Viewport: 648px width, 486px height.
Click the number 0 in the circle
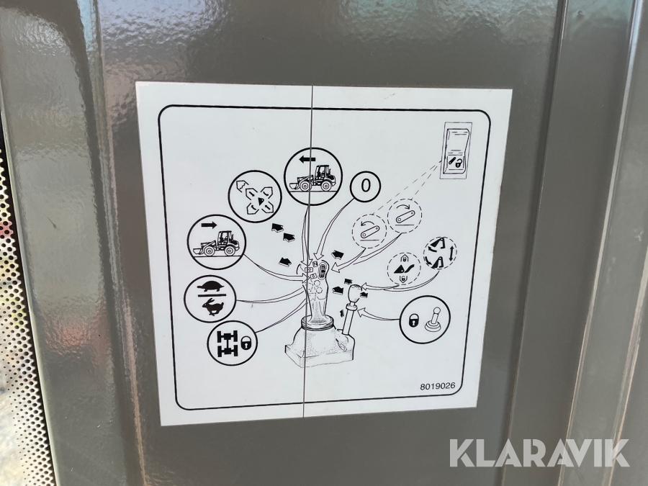click(x=365, y=186)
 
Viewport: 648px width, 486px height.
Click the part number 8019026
click(x=438, y=387)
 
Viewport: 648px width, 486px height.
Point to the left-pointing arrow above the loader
click(x=307, y=158)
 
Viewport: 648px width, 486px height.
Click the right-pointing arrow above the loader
click(x=209, y=225)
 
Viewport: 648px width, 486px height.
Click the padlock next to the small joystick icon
click(x=414, y=320)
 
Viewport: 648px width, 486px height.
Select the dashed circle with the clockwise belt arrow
click(x=405, y=216)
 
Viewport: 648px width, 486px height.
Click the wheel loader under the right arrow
click(x=216, y=243)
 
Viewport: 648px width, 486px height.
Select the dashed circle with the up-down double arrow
click(x=440, y=253)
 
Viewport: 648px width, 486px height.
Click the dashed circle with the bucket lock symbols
click(x=403, y=269)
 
